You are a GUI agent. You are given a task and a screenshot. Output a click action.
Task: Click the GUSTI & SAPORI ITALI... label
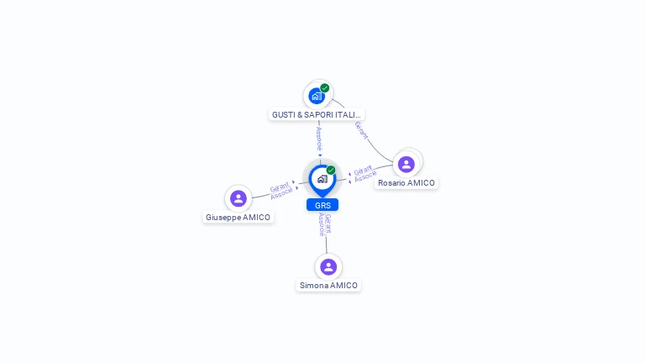pos(317,114)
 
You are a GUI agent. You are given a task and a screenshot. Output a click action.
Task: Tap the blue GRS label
pos(322,205)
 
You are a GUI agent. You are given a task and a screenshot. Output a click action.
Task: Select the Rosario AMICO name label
pos(406,182)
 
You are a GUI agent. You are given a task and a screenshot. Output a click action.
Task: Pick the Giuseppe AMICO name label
pos(239,217)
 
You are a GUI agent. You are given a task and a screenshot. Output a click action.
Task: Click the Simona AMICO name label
pos(328,285)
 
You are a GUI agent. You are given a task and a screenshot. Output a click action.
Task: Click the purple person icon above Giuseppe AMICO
pos(239,198)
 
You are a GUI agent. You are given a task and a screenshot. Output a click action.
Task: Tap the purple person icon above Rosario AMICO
pos(406,164)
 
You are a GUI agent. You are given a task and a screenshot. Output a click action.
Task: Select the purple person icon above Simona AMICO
pos(328,266)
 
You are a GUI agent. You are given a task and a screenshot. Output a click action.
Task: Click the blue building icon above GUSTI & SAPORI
pos(316,96)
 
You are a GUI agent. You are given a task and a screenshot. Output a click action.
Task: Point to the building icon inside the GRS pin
pos(322,179)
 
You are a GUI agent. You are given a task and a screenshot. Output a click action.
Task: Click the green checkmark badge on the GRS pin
pos(331,170)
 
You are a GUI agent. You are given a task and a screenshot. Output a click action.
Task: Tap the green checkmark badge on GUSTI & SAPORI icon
pos(324,88)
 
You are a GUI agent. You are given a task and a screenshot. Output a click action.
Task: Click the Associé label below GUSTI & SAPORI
pos(319,138)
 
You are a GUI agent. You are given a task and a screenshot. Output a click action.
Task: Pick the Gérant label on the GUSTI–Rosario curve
pos(360,130)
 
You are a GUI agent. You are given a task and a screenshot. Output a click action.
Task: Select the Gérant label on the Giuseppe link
pos(279,187)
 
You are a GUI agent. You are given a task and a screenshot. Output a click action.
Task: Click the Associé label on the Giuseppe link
pos(282,193)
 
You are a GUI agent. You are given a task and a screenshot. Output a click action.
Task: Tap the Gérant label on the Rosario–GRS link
pos(363,170)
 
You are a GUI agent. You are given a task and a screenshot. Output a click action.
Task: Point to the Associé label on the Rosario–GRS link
pos(365,176)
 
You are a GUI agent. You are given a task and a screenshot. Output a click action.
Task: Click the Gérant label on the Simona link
pos(328,223)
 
